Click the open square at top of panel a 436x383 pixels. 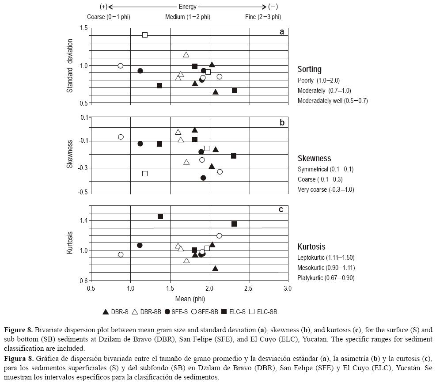coord(144,35)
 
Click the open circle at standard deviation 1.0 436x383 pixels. coord(120,66)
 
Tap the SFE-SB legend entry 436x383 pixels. coord(204,311)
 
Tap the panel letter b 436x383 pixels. coord(282,123)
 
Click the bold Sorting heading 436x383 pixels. coord(309,69)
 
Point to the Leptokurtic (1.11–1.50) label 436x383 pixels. coord(326,258)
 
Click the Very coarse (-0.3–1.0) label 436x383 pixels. coord(326,190)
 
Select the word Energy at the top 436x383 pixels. coord(188,7)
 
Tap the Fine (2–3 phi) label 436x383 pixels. coord(263,17)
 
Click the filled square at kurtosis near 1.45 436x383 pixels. coord(160,216)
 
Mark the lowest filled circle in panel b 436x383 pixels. coord(203,178)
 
